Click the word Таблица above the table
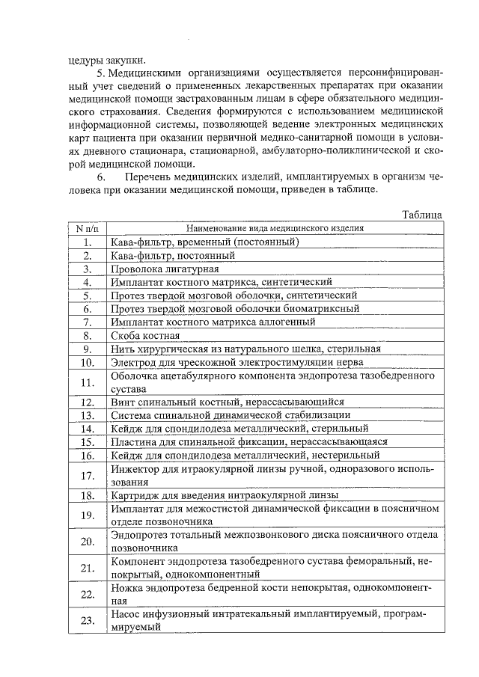pyautogui.click(x=421, y=215)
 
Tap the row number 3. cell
pyautogui.click(x=87, y=269)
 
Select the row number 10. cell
pyautogui.click(x=87, y=362)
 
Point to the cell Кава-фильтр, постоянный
pyautogui.click(x=173, y=255)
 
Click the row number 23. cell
pyautogui.click(x=87, y=621)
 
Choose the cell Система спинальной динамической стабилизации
pyautogui.click(x=231, y=415)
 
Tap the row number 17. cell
pyautogui.click(x=87, y=476)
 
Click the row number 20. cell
pyautogui.click(x=87, y=542)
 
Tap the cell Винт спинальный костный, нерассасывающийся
pyautogui.click(x=228, y=402)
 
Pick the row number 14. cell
pyautogui.click(x=87, y=429)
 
